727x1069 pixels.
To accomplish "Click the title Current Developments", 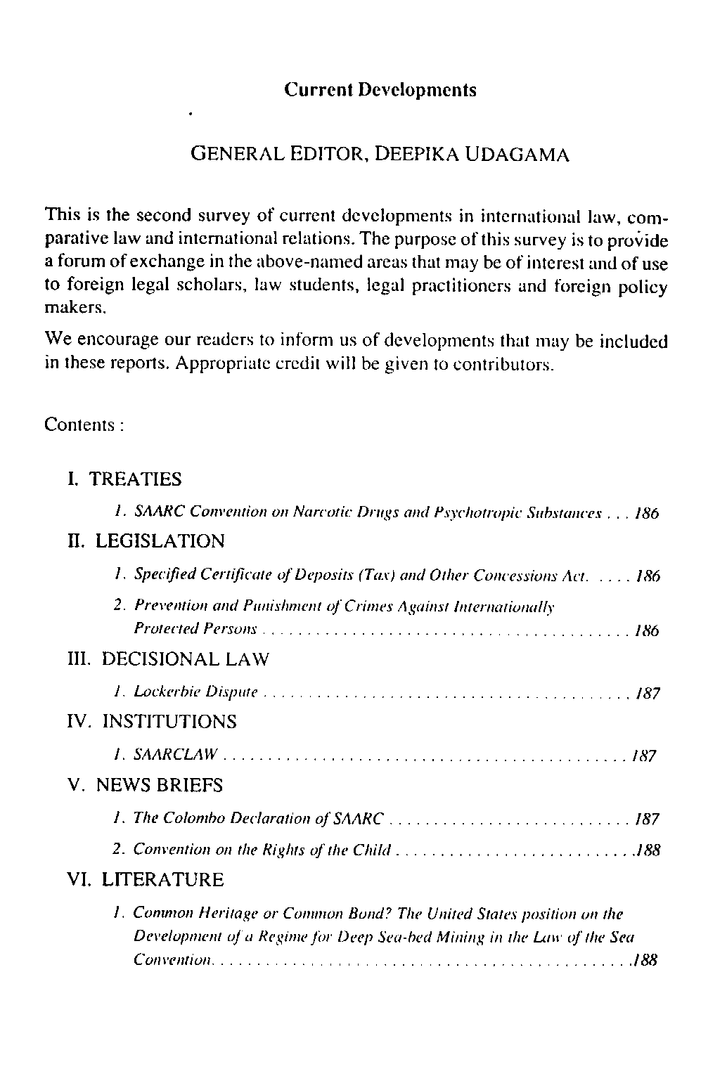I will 380,90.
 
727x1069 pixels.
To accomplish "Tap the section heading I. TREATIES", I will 124,479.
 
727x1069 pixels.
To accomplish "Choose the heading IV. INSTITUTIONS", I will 152,722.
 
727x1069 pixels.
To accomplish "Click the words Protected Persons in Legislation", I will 195,630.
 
